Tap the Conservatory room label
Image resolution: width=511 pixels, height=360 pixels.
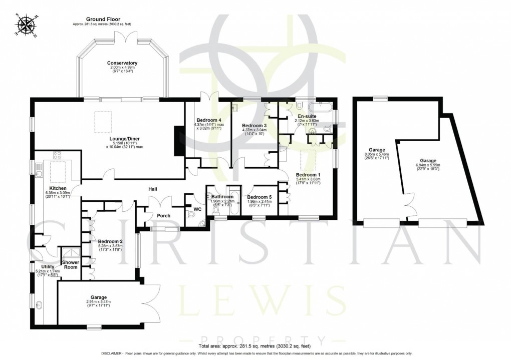(122, 63)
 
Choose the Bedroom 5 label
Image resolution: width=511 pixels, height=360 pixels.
(260, 197)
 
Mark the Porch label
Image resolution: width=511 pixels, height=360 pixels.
(163, 216)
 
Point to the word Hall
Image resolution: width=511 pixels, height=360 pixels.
(153, 189)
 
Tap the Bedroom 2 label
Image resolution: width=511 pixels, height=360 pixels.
(110, 241)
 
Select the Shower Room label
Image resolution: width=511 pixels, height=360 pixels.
(70, 264)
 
